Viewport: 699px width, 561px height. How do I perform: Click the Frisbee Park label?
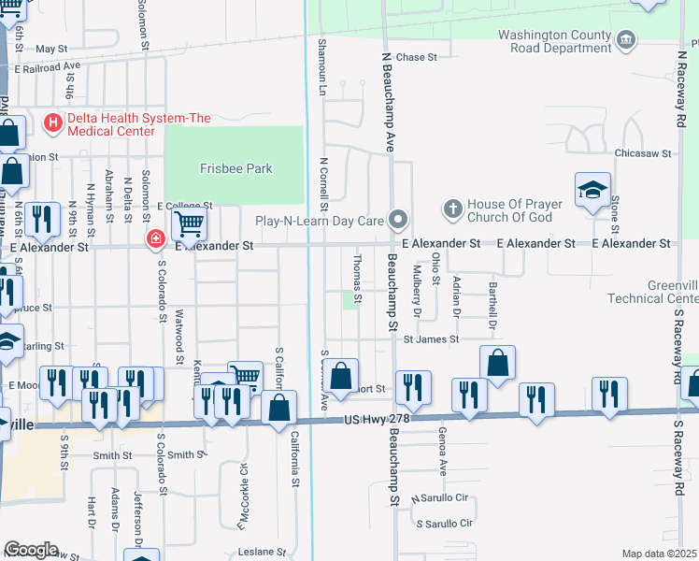click(235, 168)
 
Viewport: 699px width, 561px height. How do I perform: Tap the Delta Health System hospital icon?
click(52, 122)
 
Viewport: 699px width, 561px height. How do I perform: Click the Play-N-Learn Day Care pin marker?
click(399, 221)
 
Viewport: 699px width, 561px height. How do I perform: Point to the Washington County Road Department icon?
click(626, 40)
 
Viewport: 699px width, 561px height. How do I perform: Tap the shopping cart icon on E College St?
click(189, 224)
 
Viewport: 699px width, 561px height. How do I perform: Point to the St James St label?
click(431, 339)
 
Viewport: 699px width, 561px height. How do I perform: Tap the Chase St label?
click(417, 57)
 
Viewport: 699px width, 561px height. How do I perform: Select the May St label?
click(51, 48)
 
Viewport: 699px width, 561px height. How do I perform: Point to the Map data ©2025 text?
click(660, 554)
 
